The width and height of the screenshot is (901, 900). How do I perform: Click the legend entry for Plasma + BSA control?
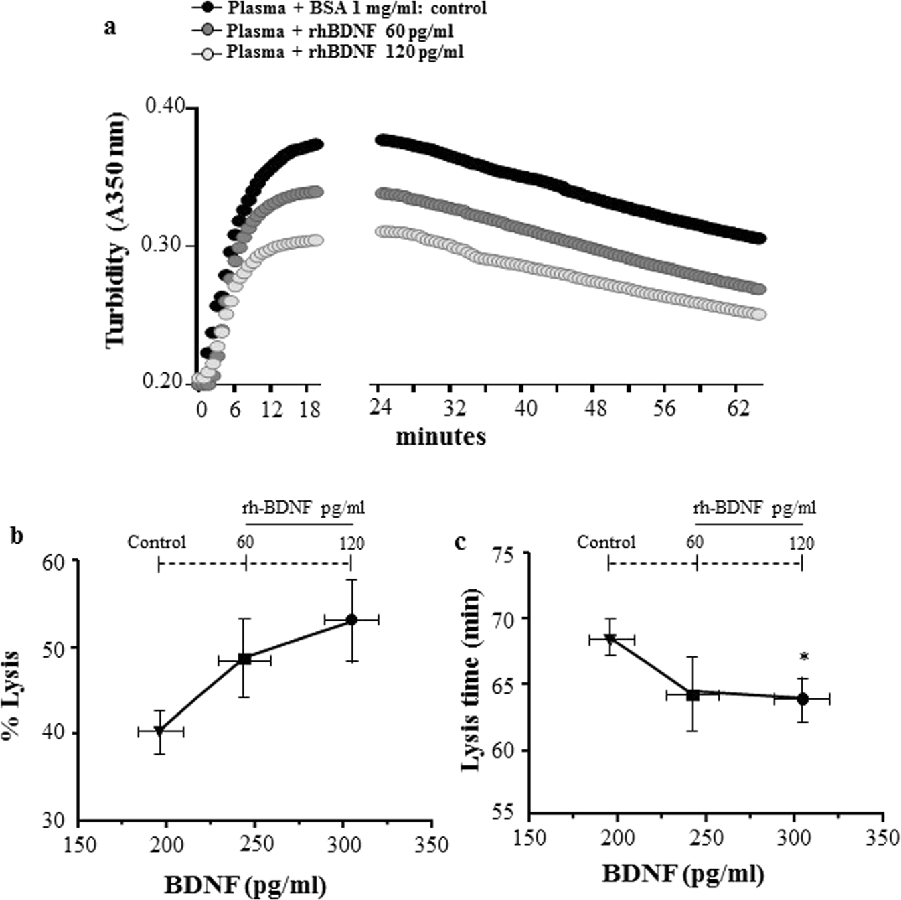(x=338, y=9)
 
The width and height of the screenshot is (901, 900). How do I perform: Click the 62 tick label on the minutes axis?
(x=738, y=407)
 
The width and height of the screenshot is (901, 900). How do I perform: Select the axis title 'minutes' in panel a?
(x=440, y=437)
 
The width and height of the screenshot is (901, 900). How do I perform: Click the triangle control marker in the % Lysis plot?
(x=159, y=731)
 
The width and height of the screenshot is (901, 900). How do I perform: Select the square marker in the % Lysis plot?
(x=245, y=659)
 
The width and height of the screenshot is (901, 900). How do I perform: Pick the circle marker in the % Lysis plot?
(x=351, y=619)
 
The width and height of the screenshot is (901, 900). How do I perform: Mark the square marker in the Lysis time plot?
(x=693, y=695)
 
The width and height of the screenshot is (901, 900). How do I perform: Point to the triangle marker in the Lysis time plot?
(x=610, y=639)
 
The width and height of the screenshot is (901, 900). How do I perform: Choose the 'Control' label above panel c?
(x=606, y=542)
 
